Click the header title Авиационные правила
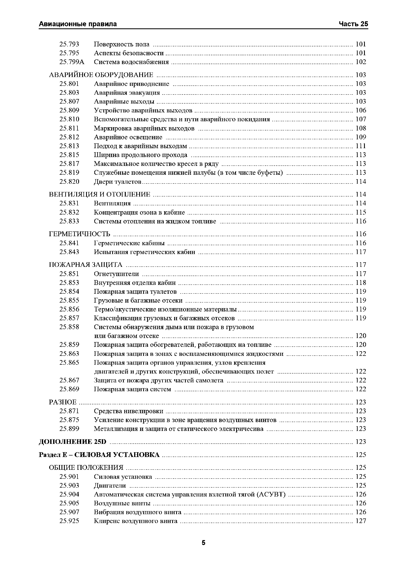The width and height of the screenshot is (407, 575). (x=78, y=24)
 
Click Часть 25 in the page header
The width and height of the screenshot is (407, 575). (x=353, y=24)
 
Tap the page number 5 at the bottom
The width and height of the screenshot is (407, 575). (x=203, y=543)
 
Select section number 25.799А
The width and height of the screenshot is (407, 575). (x=72, y=62)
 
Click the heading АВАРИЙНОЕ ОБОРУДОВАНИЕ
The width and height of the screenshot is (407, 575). (x=101, y=75)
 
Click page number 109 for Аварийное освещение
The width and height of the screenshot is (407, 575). (x=361, y=137)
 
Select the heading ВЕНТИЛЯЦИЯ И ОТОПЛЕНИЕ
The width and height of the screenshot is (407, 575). (x=100, y=194)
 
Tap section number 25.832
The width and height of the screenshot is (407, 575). (x=69, y=212)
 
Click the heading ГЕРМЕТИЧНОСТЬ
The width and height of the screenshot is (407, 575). (x=79, y=234)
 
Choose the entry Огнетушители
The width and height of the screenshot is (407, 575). (x=116, y=274)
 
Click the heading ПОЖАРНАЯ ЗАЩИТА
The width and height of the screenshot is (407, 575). (x=85, y=265)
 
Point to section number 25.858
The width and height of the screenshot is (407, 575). (x=69, y=327)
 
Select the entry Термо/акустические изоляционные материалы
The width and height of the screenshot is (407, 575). (x=165, y=309)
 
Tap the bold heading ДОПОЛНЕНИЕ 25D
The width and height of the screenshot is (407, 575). (x=73, y=442)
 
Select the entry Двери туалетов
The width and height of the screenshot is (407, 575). (x=118, y=182)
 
